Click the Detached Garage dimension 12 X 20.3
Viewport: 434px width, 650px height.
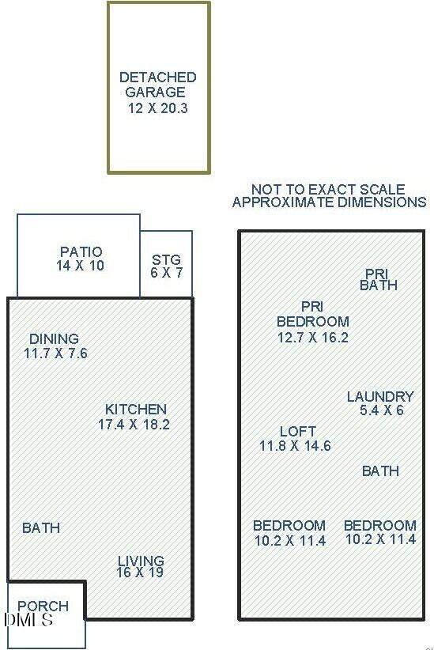(x=157, y=108)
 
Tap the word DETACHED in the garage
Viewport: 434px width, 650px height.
(x=158, y=77)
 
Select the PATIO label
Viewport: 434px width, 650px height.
(x=81, y=251)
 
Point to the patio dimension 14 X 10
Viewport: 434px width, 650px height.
(x=81, y=266)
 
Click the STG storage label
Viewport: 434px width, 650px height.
(x=166, y=260)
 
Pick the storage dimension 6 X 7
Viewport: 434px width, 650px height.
(x=166, y=273)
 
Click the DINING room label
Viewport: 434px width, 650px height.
(x=54, y=338)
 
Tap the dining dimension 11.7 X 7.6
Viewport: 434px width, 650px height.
(x=55, y=353)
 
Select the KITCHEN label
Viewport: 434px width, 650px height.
(x=135, y=409)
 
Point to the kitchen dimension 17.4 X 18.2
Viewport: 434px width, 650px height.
(x=134, y=424)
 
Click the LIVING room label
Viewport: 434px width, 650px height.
(x=141, y=561)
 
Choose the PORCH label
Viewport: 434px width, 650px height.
(x=43, y=606)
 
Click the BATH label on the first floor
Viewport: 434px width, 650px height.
(x=41, y=527)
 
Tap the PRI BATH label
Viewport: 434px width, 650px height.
(x=379, y=279)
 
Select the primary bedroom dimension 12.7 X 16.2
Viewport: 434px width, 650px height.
(x=312, y=337)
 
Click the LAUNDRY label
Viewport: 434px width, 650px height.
(x=380, y=397)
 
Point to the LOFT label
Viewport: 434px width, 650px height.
(x=297, y=432)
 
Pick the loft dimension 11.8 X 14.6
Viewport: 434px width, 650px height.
(x=295, y=446)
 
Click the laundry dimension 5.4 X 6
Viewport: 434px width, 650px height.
(x=381, y=410)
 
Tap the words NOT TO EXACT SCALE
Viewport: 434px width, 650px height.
(x=328, y=190)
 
